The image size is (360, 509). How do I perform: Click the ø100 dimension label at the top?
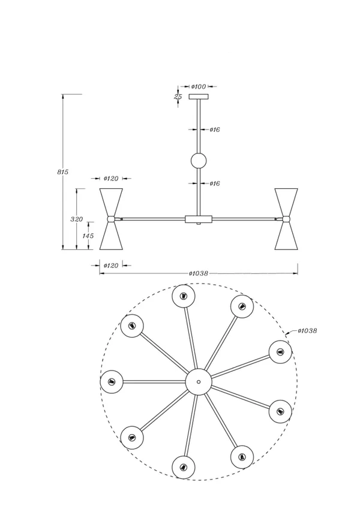[199, 86]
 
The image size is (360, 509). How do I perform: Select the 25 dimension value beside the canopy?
[178, 97]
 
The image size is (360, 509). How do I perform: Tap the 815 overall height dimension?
[63, 172]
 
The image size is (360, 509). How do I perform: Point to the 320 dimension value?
[77, 219]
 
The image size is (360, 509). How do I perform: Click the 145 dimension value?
[88, 236]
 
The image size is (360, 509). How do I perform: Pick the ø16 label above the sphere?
[215, 130]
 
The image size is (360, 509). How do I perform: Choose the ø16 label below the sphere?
[215, 183]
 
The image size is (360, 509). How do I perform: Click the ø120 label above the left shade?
[111, 179]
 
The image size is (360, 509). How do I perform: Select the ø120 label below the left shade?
[111, 266]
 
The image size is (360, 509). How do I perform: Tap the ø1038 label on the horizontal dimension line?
[198, 273]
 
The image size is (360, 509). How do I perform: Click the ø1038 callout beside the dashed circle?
[307, 331]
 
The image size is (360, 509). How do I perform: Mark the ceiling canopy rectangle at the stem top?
[199, 97]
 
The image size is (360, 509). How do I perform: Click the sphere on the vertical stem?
[199, 161]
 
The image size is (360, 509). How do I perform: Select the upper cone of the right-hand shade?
[286, 202]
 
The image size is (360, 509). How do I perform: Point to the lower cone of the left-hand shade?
[112, 236]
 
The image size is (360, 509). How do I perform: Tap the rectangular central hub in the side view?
[199, 219]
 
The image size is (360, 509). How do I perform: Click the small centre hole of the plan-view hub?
[199, 382]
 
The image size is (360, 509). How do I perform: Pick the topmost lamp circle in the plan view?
[183, 296]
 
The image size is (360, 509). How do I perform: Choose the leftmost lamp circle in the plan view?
[112, 381]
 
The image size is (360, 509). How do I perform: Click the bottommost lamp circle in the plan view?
[183, 468]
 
